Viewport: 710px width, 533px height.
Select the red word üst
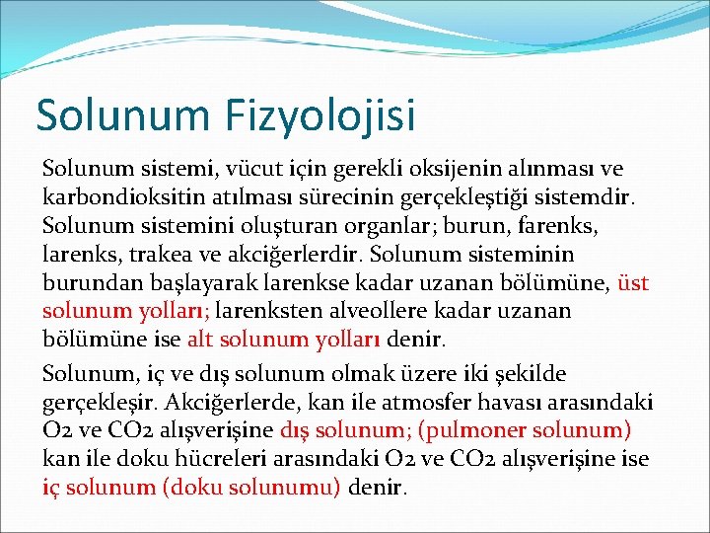pyautogui.click(x=632, y=283)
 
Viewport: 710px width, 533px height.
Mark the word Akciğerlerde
pyautogui.click(x=237, y=403)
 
